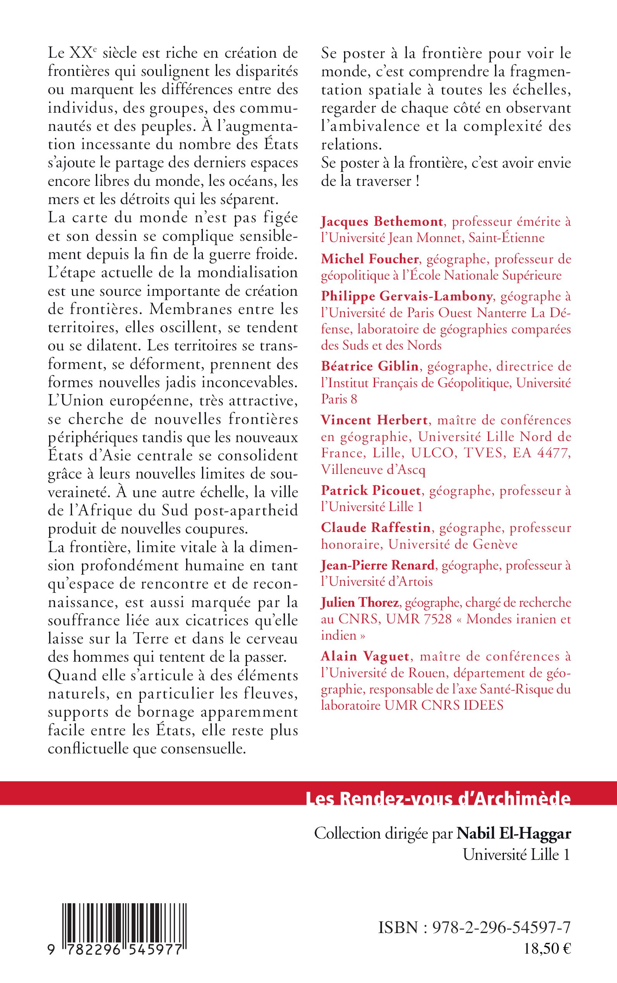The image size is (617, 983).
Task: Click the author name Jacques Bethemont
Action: click(x=382, y=221)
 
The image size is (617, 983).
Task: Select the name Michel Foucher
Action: click(x=370, y=259)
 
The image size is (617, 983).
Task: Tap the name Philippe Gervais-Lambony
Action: click(x=406, y=296)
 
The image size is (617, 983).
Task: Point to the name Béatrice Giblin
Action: click(x=370, y=366)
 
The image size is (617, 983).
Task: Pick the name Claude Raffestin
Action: click(x=375, y=528)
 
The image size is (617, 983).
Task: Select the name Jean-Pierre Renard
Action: click(x=377, y=565)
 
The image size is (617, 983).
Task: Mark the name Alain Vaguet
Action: click(x=365, y=656)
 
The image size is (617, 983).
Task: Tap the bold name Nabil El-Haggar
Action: click(x=513, y=833)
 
